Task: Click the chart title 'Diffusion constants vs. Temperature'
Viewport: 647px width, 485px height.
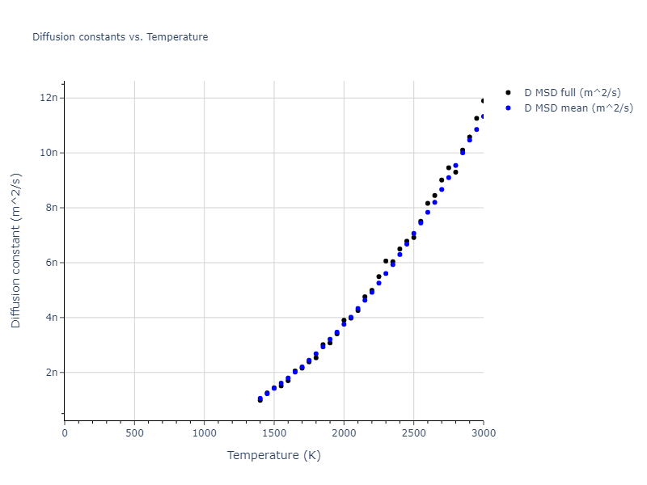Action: (120, 37)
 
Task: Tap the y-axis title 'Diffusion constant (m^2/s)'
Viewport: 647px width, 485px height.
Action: (16, 251)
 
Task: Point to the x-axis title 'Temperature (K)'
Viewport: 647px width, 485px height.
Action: (274, 455)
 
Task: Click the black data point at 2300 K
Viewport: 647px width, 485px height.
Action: (386, 261)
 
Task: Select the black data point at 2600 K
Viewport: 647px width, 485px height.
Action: (428, 204)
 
